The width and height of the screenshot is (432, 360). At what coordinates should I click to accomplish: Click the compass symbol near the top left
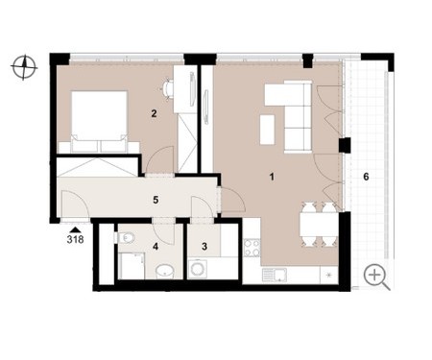(x=24, y=67)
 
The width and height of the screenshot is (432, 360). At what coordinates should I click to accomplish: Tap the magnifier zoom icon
(x=377, y=276)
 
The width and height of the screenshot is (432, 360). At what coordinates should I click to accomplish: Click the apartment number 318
(x=76, y=239)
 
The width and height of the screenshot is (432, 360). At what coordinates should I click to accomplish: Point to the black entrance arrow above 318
(x=76, y=229)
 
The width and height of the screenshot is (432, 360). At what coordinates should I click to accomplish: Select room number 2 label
(x=154, y=113)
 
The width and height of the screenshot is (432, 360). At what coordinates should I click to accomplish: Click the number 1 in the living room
(x=272, y=177)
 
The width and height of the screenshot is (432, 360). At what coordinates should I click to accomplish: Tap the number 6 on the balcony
(x=366, y=177)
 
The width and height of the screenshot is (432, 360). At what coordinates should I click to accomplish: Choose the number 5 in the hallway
(x=156, y=200)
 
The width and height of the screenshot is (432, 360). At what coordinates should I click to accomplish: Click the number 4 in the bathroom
(x=156, y=247)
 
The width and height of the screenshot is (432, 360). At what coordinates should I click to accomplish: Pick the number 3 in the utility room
(x=204, y=247)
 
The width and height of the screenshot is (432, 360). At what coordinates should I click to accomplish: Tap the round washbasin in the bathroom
(x=165, y=272)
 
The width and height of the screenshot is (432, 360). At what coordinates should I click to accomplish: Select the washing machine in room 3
(x=198, y=269)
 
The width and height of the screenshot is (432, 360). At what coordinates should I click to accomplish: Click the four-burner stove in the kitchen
(x=252, y=248)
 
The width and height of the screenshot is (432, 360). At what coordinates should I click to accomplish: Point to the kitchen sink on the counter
(x=275, y=275)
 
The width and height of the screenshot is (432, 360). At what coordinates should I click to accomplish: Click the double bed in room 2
(x=99, y=122)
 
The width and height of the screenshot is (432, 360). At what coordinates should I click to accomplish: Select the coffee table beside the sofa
(x=268, y=130)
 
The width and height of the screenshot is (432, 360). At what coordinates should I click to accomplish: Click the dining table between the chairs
(x=319, y=225)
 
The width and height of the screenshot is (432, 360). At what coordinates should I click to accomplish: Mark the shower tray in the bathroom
(x=132, y=265)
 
